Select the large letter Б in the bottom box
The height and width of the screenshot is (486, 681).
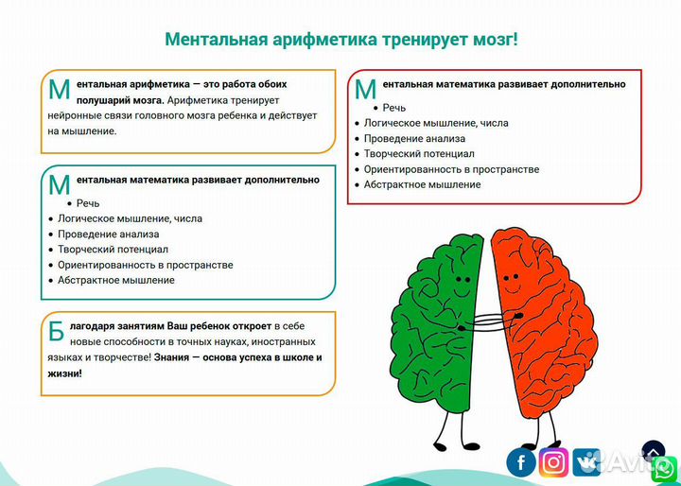coord(57,332)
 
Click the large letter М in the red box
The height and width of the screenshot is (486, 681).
coord(365,90)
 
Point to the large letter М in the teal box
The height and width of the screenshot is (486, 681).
coord(59,185)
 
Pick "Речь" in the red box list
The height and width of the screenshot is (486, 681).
coord(394,107)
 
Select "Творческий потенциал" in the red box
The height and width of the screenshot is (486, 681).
coord(419,153)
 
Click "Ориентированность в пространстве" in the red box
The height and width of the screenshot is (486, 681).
coord(451,169)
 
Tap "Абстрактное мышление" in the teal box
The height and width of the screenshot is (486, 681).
coord(116,280)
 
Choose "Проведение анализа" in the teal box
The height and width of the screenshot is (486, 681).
coord(108,234)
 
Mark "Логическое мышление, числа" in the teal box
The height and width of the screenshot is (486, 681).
coord(130,218)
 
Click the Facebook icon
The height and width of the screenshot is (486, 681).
coord(521,461)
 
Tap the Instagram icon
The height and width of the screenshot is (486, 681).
coord(555,461)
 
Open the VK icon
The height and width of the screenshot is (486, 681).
coord(589,461)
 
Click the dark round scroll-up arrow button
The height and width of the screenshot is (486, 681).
coord(654,452)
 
